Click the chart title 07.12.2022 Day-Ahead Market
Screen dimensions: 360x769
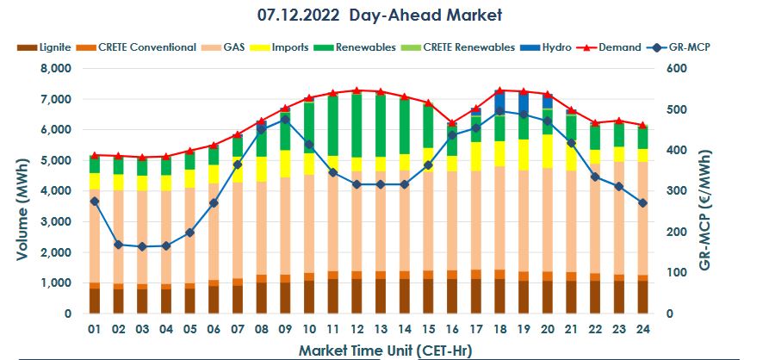click(379, 15)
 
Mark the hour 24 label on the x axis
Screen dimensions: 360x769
click(641, 330)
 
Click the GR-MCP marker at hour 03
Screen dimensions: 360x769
click(143, 246)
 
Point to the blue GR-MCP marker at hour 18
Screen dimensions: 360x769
click(499, 111)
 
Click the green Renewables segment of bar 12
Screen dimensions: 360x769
click(356, 125)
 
